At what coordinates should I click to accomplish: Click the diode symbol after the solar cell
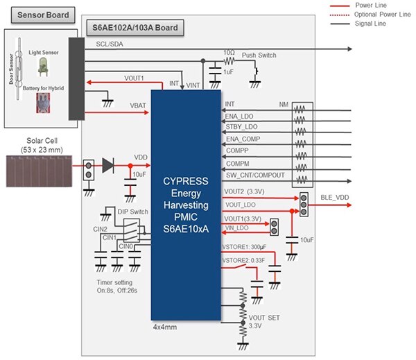click(107, 166)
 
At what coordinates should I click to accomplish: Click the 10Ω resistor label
click(229, 53)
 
